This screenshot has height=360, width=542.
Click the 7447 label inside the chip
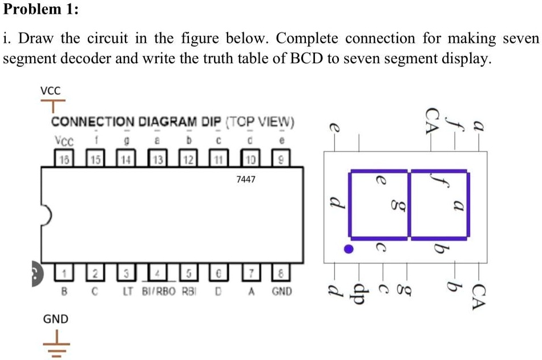click(x=246, y=179)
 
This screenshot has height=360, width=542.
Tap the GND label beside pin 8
click(x=282, y=292)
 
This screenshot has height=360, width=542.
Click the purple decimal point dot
click(x=349, y=249)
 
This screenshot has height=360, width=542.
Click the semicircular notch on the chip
click(x=47, y=215)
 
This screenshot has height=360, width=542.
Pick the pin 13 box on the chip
click(x=155, y=158)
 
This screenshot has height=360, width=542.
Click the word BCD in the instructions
click(x=302, y=59)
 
